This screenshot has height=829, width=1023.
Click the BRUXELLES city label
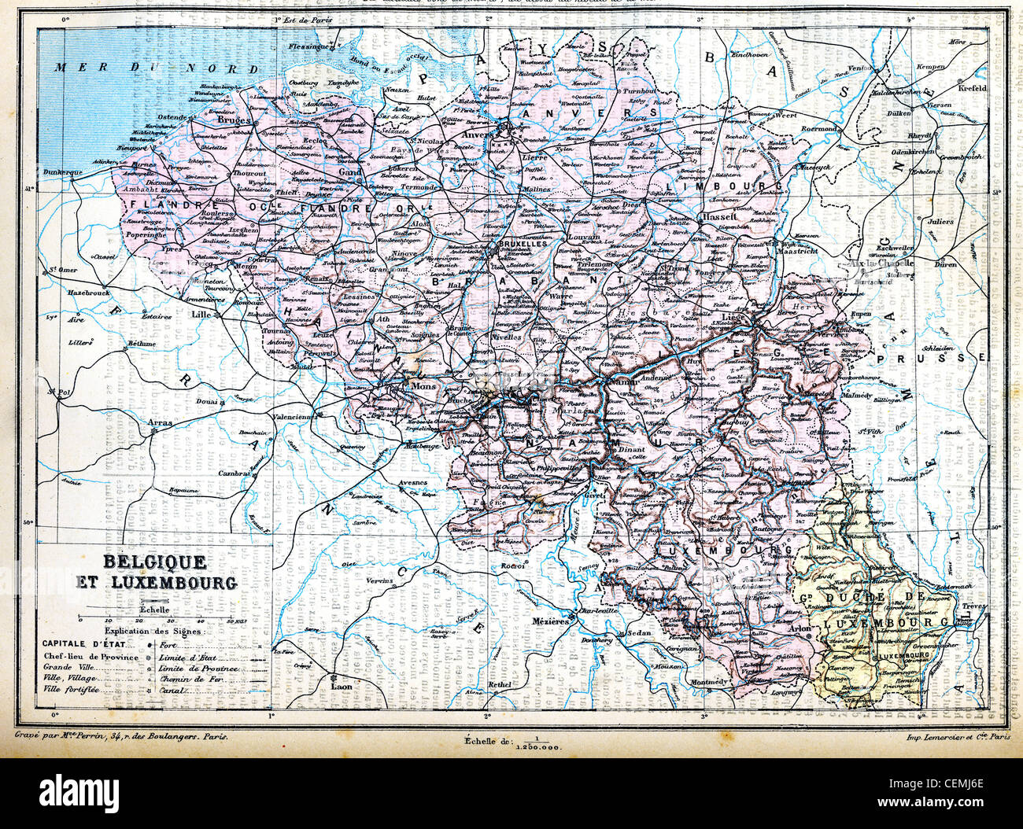coord(523,245)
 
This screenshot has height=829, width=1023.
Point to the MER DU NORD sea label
coord(157,68)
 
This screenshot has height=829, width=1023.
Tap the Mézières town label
coord(551,621)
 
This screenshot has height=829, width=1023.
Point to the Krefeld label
coord(971,89)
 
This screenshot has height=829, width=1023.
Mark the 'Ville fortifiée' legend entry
coord(71,690)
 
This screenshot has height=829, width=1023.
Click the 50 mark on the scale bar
coord(231,621)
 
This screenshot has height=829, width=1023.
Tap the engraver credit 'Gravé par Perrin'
coord(122,737)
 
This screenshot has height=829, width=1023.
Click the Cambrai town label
coord(235,473)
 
